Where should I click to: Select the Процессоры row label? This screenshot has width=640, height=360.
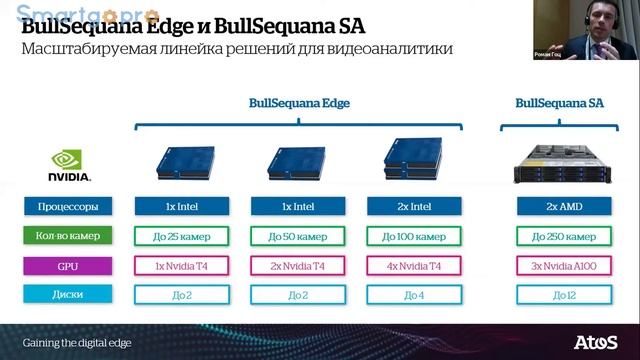(68, 207)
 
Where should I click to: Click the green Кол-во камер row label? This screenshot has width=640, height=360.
(68, 236)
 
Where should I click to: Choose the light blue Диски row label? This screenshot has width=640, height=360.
(68, 295)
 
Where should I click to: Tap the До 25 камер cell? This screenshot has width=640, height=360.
(184, 236)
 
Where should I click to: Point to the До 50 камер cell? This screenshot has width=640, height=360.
(297, 236)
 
